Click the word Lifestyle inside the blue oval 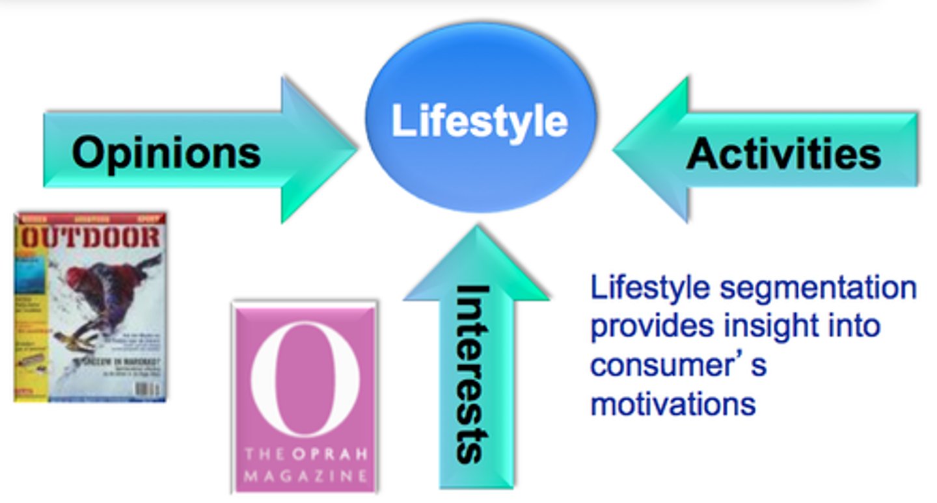(480, 122)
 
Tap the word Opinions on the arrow (166, 153)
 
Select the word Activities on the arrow (783, 154)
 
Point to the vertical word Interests (473, 373)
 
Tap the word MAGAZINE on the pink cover (305, 476)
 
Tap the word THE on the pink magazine (264, 454)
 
